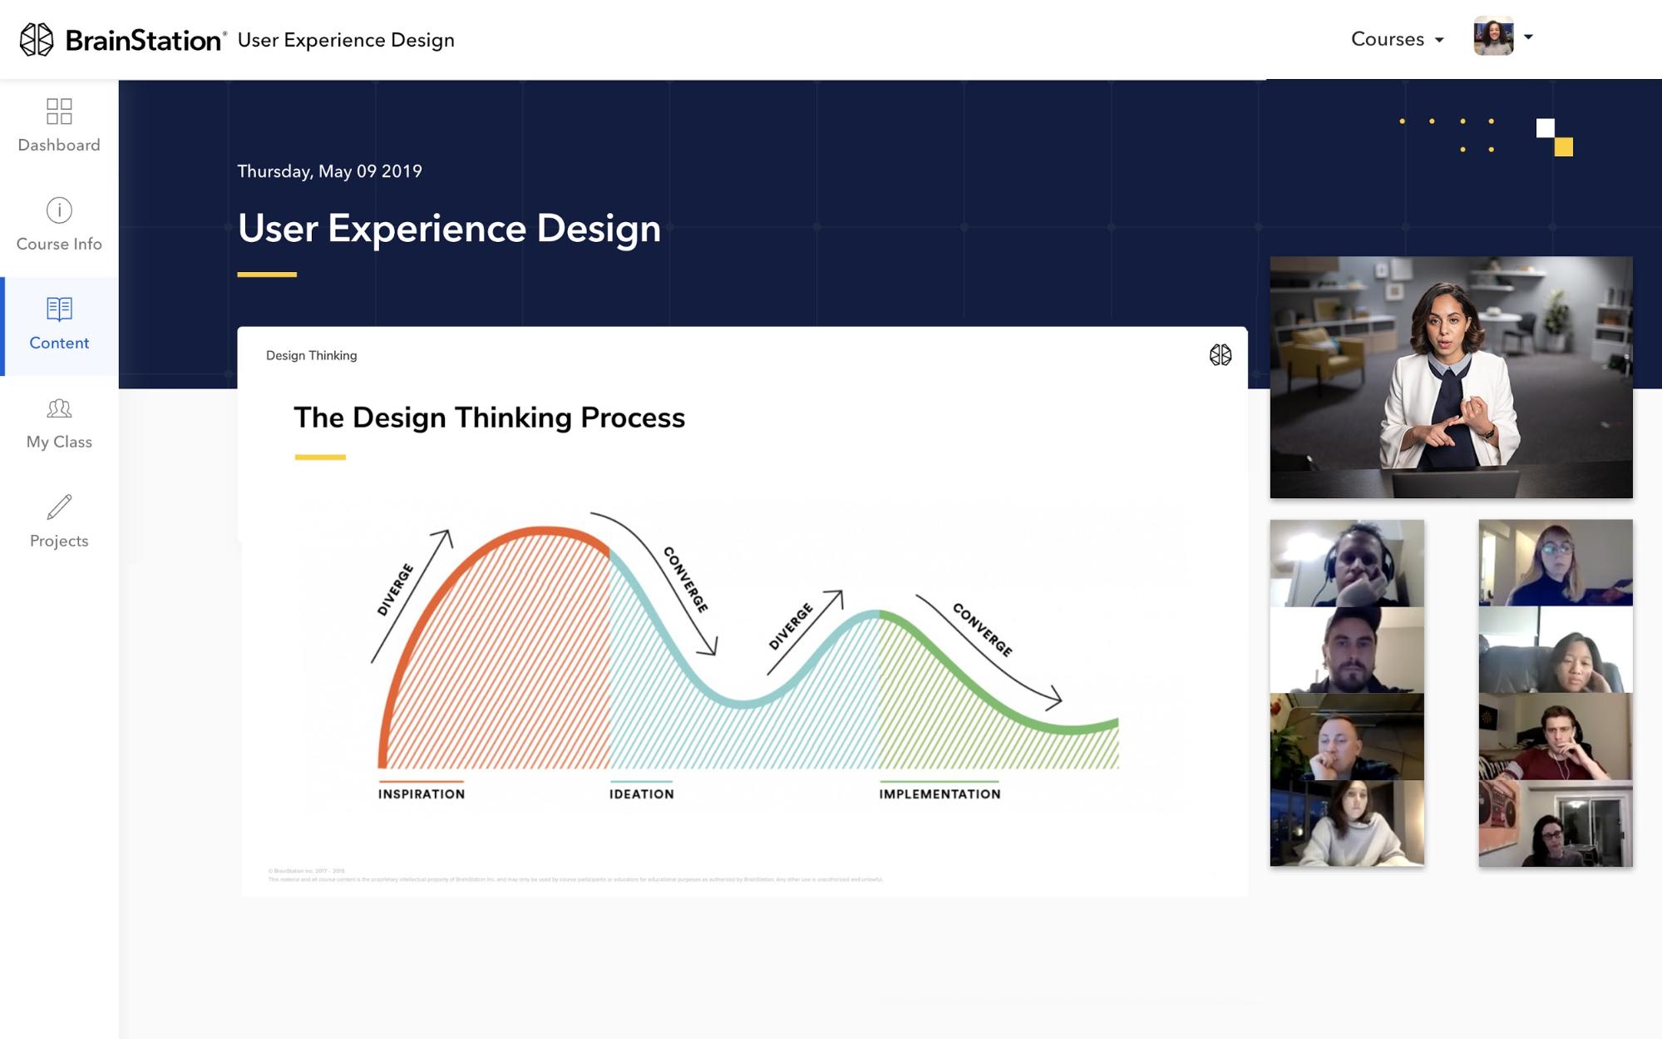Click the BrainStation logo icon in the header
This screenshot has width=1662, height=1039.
(x=37, y=40)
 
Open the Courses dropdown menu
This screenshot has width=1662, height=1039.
(x=1397, y=39)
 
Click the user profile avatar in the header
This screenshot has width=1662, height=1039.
(x=1493, y=37)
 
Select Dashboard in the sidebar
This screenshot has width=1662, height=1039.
(x=59, y=126)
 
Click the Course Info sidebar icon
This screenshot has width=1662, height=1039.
(x=59, y=210)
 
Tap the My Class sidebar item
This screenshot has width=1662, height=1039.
(x=59, y=423)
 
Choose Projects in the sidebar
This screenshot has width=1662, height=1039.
(x=59, y=522)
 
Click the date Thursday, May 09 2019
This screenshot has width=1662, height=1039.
(x=329, y=171)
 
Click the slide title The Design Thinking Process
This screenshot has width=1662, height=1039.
(x=489, y=418)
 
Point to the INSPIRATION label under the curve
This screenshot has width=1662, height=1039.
(x=422, y=794)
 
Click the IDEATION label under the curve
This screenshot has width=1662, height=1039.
(x=641, y=794)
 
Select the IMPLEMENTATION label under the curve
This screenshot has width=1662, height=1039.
(x=939, y=794)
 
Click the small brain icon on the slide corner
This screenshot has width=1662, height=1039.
(x=1220, y=355)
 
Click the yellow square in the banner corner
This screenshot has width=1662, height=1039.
(x=1563, y=147)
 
